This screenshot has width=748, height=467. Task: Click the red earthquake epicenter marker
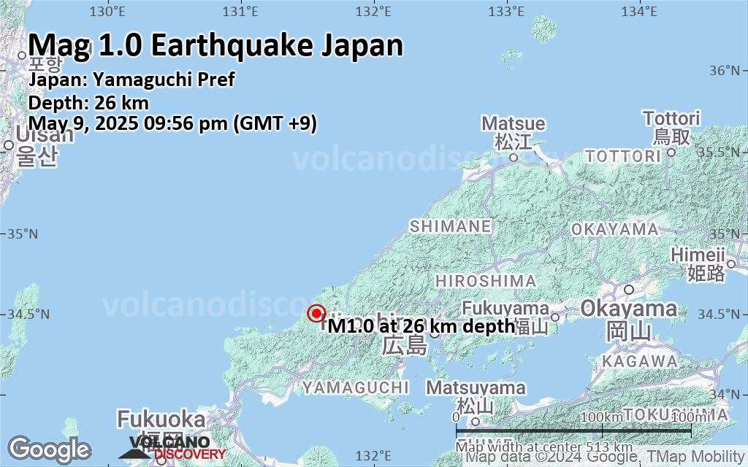click(x=316, y=314)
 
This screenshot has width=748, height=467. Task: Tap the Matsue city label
click(x=513, y=124)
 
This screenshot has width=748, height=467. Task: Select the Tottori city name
click(x=671, y=118)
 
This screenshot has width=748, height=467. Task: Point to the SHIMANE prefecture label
click(x=450, y=227)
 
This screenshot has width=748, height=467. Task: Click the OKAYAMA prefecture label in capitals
click(x=614, y=230)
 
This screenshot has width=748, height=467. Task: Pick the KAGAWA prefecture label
click(x=641, y=361)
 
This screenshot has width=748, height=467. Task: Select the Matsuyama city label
click(x=476, y=388)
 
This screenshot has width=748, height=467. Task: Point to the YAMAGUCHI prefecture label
click(x=356, y=387)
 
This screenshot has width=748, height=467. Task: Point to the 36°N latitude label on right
click(x=724, y=71)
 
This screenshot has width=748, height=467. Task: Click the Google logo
click(x=49, y=449)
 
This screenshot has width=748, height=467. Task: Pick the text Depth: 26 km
click(x=88, y=102)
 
